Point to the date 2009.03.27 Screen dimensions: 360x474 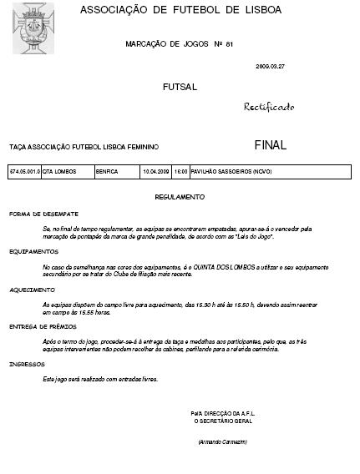270,65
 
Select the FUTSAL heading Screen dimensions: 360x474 180,87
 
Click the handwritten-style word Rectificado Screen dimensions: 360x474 269,108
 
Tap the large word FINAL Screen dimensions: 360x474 270,144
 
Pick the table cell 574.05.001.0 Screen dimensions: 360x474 24,172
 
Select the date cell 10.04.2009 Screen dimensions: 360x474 156,172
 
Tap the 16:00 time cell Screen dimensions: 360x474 180,172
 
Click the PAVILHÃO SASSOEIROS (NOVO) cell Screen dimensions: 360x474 231,172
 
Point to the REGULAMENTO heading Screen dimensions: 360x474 180,197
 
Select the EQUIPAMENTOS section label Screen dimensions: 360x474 30,251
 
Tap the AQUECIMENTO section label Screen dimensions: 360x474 29,290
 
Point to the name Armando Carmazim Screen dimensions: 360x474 223,441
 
